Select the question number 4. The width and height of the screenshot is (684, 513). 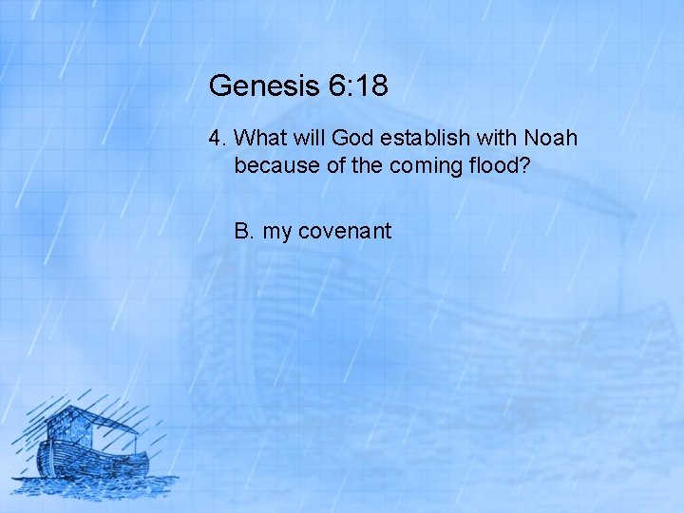217,139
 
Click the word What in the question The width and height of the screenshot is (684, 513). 256,139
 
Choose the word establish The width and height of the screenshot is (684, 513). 415,139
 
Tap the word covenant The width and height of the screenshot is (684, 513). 345,231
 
